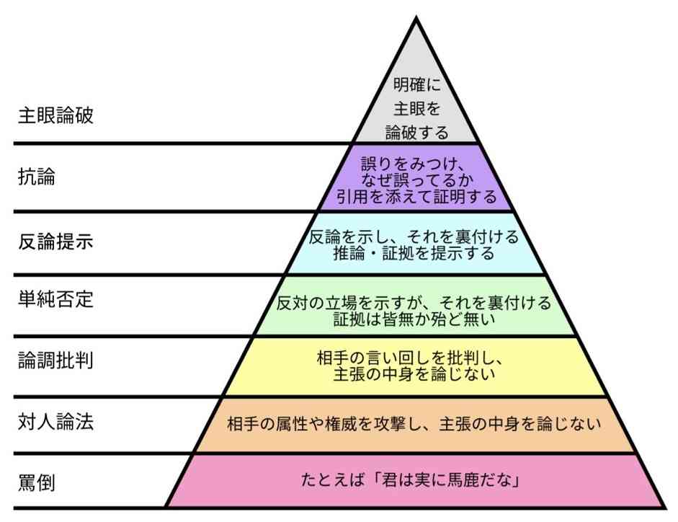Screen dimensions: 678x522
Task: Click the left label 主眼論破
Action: pos(55,115)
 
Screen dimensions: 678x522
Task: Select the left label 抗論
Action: pos(36,178)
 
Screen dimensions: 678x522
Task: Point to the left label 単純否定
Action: pos(55,299)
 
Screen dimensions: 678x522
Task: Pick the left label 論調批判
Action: pos(55,360)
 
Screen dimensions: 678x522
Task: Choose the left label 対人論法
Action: pos(55,422)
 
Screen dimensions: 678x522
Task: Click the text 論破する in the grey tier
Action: pos(416,133)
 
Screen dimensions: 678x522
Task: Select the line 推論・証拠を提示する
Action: pos(414,253)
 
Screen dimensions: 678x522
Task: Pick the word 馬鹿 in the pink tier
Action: pos(451,479)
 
